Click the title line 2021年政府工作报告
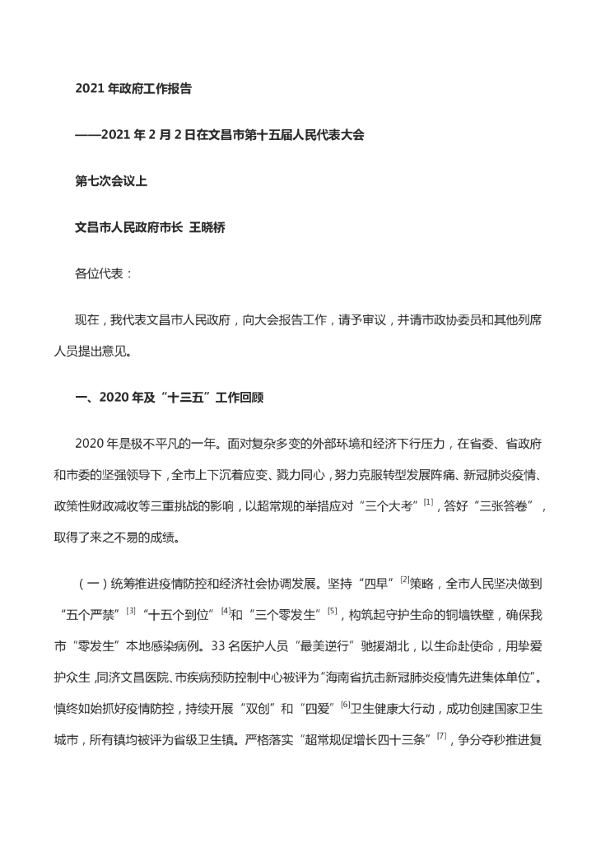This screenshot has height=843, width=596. click(x=133, y=89)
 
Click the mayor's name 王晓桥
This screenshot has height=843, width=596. click(x=207, y=227)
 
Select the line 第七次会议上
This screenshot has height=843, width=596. click(x=111, y=181)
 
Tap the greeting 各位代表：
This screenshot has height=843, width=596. click(x=104, y=273)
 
